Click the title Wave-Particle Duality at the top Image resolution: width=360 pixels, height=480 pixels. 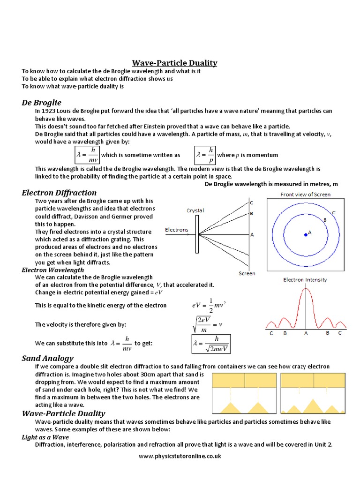click(174, 63)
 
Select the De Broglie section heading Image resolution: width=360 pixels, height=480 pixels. click(42, 102)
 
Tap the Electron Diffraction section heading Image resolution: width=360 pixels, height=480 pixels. click(59, 193)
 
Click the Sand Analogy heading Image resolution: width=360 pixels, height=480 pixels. click(47, 358)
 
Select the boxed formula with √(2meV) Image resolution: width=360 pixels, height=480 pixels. click(211, 344)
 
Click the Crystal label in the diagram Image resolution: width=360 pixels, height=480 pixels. click(195, 210)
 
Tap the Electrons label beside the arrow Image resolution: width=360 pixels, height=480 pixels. click(177, 230)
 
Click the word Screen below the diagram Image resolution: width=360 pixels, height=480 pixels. click(247, 273)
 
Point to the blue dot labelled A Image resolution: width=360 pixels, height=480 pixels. click(306, 234)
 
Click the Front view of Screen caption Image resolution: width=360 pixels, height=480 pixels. click(305, 194)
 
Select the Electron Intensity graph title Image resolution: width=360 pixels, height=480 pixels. click(305, 280)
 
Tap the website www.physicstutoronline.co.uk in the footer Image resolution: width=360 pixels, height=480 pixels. click(180, 456)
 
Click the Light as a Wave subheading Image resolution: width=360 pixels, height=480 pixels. click(45, 437)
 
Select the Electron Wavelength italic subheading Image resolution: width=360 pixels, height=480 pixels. click(53, 270)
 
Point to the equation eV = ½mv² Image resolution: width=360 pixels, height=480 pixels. click(209, 305)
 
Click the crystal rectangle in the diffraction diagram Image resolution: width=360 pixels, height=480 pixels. click(197, 234)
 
